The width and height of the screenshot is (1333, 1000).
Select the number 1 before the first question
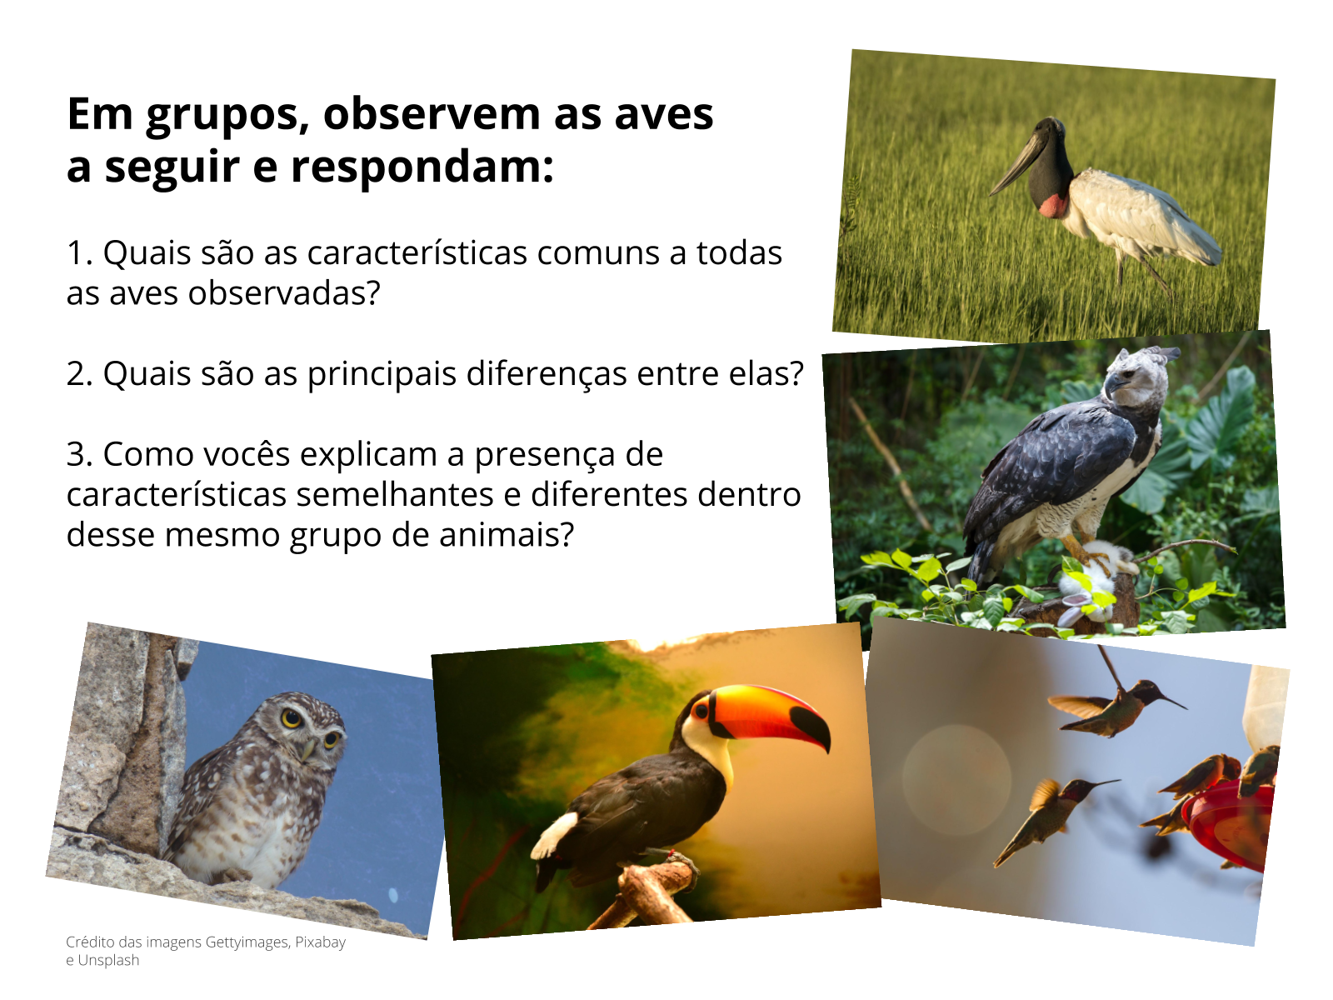(77, 253)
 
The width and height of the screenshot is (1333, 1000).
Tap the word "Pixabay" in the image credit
(320, 942)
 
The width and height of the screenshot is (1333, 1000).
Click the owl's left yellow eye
(291, 717)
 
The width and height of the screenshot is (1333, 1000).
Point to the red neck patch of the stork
(1054, 205)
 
